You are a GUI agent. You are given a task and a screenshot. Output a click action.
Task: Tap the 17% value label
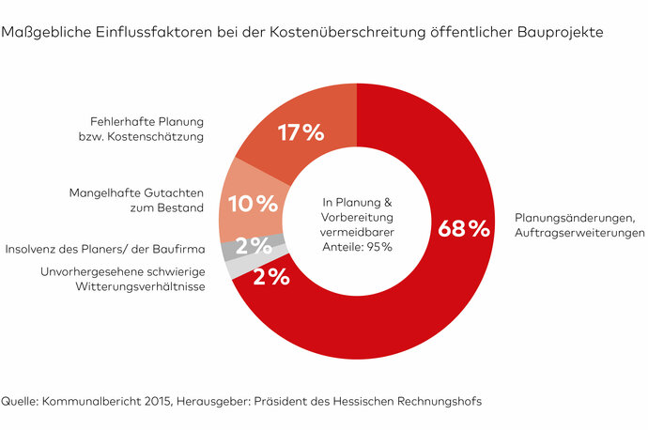[x=301, y=133]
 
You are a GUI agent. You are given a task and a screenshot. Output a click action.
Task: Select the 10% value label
[x=254, y=202]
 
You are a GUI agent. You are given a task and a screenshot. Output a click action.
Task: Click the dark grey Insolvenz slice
[x=226, y=250]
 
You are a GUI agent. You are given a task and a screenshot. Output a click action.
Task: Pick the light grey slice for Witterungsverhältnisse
[x=233, y=267]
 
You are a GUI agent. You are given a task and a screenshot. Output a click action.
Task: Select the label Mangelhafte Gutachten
[x=135, y=194]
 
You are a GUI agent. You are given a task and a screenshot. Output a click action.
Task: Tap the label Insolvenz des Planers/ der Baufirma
[x=104, y=250]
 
